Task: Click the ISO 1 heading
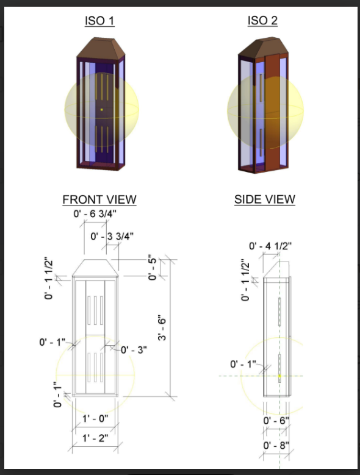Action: (x=99, y=21)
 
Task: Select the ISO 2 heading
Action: (x=262, y=21)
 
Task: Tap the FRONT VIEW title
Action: (x=99, y=199)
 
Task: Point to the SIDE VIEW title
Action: (x=265, y=199)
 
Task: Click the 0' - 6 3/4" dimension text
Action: (x=95, y=214)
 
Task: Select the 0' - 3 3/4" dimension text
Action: (x=112, y=236)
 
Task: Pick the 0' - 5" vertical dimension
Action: (x=153, y=268)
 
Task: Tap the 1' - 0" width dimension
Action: (x=96, y=419)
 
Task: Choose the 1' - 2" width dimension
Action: (x=96, y=438)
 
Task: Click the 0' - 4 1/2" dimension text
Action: (x=271, y=246)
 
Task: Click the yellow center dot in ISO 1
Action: (x=101, y=110)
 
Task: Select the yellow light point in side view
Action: (x=279, y=376)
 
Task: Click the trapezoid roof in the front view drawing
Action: (x=94, y=268)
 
